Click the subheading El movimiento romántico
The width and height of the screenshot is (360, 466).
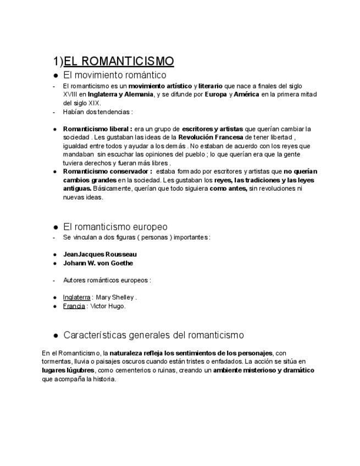point(114,75)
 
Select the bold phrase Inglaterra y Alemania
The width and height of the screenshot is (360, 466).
point(120,95)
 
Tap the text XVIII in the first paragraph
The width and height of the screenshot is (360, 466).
point(70,95)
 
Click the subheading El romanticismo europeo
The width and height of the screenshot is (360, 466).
point(115,226)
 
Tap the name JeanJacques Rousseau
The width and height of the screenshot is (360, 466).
point(100,254)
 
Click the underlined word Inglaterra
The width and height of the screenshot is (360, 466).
point(76,297)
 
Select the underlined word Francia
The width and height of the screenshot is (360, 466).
point(74,306)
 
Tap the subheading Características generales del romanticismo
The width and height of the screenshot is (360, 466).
point(153,335)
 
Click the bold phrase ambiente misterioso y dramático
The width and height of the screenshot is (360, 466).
point(263,370)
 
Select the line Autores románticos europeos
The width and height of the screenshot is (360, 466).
point(107,280)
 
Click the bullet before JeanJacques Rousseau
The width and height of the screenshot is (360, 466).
point(55,254)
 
